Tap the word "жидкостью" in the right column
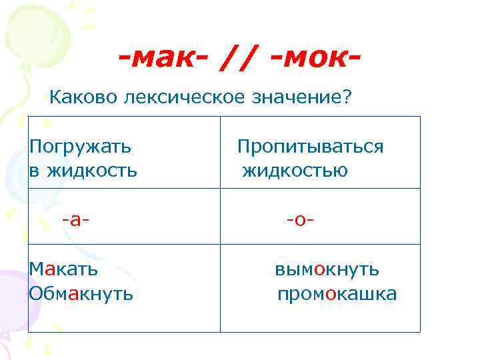295,171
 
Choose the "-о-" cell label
300,219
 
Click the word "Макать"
63,269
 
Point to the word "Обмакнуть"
81,293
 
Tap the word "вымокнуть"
327,269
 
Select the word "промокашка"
337,294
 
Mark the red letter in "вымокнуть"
320,270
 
